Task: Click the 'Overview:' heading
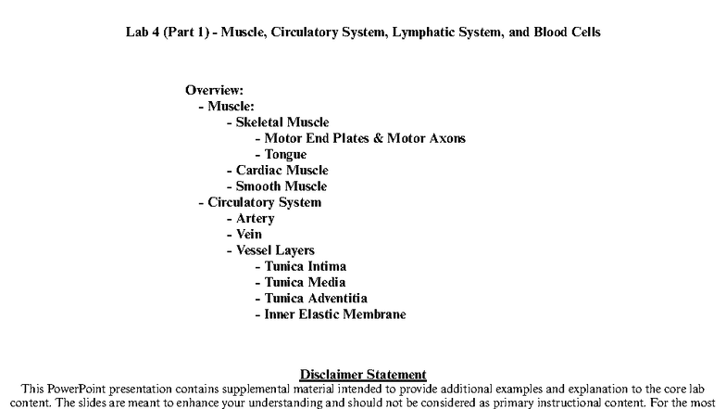(x=214, y=90)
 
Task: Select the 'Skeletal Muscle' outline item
(x=282, y=122)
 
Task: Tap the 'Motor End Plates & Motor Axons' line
(x=364, y=138)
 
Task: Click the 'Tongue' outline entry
(x=285, y=154)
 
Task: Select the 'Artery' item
(x=255, y=219)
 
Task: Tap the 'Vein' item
(x=248, y=235)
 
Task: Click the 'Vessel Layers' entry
(x=274, y=250)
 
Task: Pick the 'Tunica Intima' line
(x=305, y=266)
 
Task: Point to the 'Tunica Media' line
(x=305, y=282)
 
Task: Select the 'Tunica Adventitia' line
(x=315, y=299)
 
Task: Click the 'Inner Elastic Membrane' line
(x=334, y=314)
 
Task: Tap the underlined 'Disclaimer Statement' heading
(x=363, y=374)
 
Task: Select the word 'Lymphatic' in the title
(x=424, y=32)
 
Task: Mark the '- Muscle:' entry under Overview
(x=230, y=106)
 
